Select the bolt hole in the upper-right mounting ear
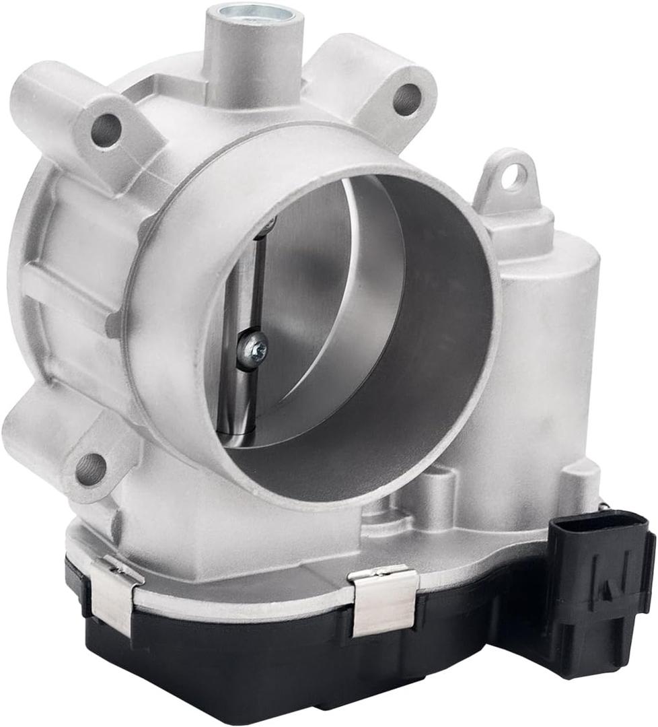click(x=406, y=100)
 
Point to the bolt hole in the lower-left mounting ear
click(x=91, y=469)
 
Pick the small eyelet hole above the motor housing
click(x=515, y=176)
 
